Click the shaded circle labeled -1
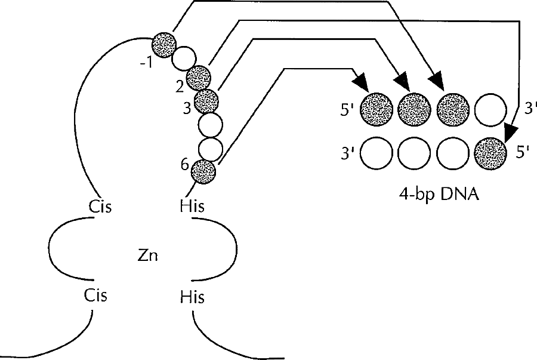point(163,43)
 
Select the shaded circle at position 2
point(198,77)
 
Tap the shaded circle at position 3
point(207,100)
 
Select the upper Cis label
point(98,207)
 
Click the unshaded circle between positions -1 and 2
point(183,59)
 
